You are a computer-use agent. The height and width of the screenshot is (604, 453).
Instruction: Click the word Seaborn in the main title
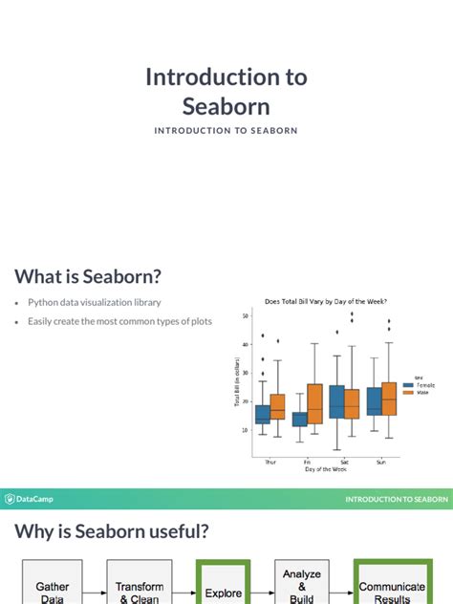(x=226, y=105)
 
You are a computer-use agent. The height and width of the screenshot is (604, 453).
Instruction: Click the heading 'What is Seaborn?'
(x=88, y=276)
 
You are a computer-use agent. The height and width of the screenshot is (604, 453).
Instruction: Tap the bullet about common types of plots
(x=119, y=321)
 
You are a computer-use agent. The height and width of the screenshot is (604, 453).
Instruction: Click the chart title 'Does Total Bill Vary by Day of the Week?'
(x=326, y=302)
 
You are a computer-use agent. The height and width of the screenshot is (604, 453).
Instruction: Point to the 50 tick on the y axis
(x=246, y=315)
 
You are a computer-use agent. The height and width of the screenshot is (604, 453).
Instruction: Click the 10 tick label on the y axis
(x=246, y=430)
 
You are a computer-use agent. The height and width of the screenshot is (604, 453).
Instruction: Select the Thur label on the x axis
(x=270, y=460)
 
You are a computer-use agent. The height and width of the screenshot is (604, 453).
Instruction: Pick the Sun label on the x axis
(x=381, y=460)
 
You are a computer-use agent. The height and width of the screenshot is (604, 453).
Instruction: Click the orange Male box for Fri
(x=314, y=403)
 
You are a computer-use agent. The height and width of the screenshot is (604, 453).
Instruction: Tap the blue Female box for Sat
(x=336, y=401)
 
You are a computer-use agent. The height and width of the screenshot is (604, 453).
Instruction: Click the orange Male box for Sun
(x=388, y=398)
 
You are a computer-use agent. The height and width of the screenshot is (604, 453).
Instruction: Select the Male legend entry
(x=415, y=392)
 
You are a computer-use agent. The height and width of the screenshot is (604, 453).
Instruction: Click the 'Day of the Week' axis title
(x=326, y=468)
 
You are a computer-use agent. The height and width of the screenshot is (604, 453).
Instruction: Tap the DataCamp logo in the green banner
(x=29, y=498)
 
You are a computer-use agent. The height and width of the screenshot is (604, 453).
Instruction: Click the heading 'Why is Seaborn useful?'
(x=111, y=530)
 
